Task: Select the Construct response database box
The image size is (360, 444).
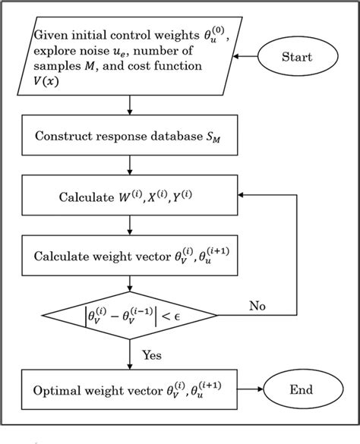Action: pos(131,139)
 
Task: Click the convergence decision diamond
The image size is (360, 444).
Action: pos(131,311)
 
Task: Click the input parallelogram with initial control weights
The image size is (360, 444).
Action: pos(131,58)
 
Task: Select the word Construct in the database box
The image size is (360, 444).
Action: pos(65,139)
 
